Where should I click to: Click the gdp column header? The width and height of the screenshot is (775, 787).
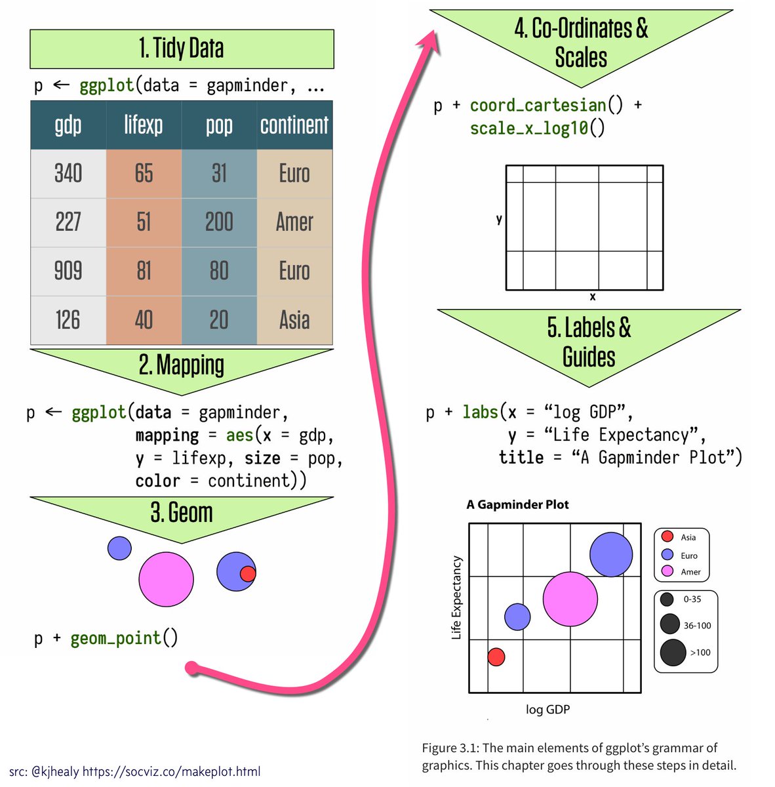(68, 125)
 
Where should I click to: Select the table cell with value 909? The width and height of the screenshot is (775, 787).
(68, 271)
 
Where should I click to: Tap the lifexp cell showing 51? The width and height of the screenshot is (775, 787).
(144, 222)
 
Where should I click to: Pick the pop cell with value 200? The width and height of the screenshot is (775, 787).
(219, 222)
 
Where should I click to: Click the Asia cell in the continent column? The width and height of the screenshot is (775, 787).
(294, 320)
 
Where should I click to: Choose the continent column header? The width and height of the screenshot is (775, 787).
(294, 125)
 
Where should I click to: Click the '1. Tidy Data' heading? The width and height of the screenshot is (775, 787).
(182, 49)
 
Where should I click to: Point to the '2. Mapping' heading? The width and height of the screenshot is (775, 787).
(182, 365)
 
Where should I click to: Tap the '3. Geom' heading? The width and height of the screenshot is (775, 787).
(182, 513)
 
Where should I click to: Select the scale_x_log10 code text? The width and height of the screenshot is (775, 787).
(529, 128)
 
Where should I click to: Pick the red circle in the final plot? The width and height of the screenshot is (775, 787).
(496, 656)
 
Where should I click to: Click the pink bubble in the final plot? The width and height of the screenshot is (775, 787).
(570, 599)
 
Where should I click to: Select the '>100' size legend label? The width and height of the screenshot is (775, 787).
(700, 653)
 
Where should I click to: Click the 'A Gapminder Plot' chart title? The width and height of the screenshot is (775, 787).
(517, 505)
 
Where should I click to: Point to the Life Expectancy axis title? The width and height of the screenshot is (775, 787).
(456, 598)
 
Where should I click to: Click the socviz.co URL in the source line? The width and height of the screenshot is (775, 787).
(171, 771)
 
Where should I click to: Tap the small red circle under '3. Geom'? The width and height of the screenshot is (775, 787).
(248, 574)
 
